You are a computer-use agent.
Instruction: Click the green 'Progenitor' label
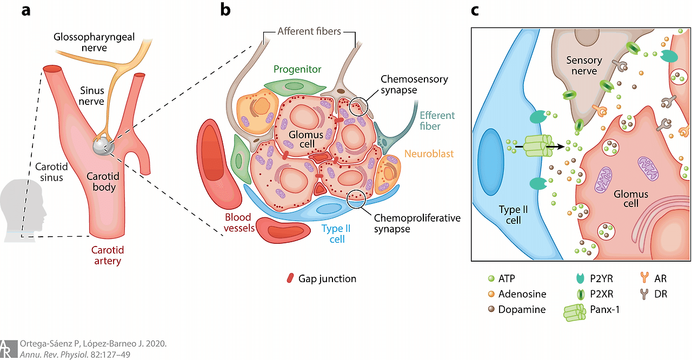[x=297, y=69]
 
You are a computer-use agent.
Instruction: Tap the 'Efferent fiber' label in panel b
[x=437, y=121]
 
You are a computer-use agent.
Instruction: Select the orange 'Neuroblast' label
[x=429, y=154]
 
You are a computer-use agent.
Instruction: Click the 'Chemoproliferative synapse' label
[x=417, y=223]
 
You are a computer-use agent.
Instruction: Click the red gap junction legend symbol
[x=290, y=279]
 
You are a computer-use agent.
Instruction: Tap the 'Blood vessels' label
[x=238, y=223]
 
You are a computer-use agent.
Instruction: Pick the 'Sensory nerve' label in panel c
[x=584, y=65]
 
